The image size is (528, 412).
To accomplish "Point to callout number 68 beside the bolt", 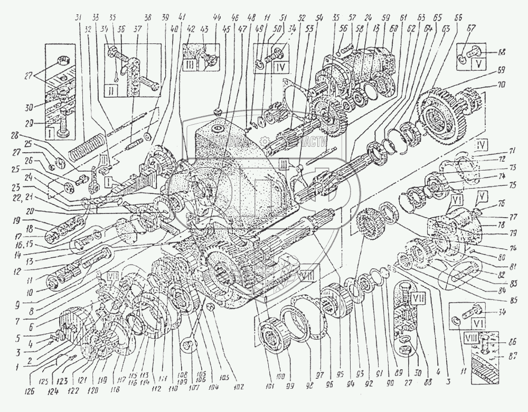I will [498, 51].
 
